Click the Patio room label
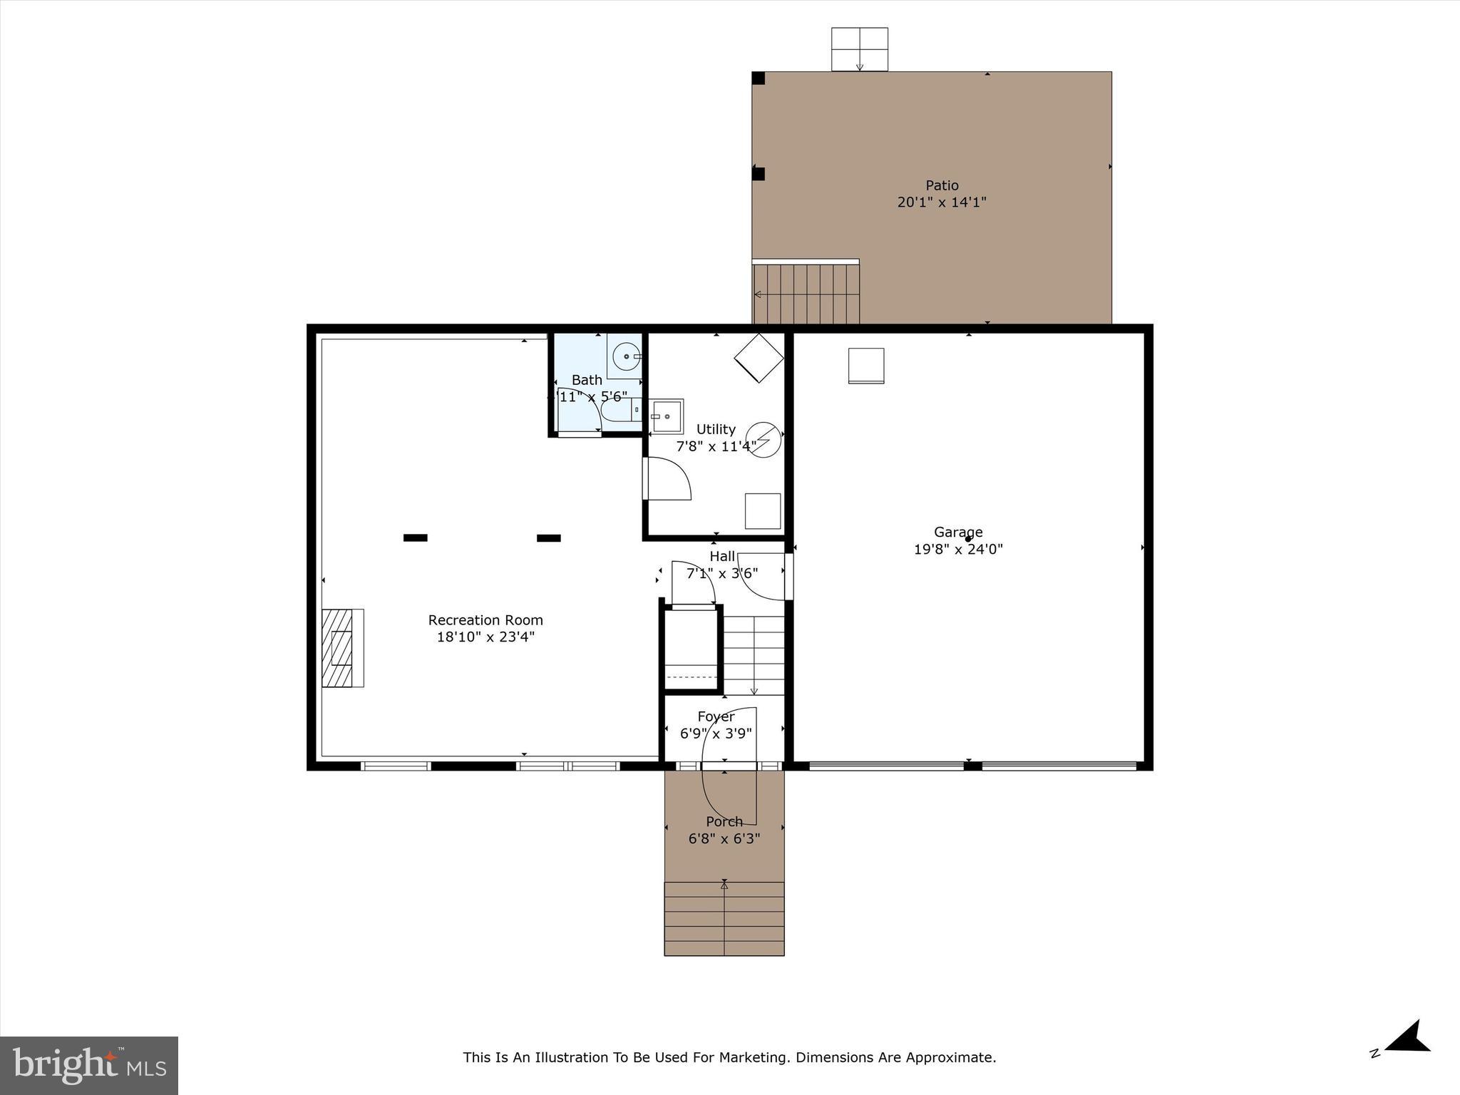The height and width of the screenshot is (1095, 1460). [942, 185]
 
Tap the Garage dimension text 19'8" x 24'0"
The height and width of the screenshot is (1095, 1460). [958, 550]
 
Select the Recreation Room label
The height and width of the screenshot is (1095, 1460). [485, 620]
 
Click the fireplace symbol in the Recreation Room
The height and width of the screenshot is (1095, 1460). [342, 648]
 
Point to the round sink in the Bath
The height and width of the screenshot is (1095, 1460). [625, 355]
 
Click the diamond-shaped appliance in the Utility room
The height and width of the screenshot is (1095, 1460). [759, 358]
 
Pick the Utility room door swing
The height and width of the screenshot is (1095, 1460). [669, 479]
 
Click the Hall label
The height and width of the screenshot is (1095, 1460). [722, 556]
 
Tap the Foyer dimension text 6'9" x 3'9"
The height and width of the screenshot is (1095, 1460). [716, 734]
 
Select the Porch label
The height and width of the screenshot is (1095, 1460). [724, 821]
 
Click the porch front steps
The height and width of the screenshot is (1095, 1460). [724, 919]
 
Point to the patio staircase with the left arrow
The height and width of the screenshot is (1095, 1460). [806, 294]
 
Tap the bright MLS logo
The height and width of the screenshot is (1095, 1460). [89, 1066]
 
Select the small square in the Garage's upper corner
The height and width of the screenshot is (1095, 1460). [866, 366]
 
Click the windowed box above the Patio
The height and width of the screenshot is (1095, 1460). [860, 49]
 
